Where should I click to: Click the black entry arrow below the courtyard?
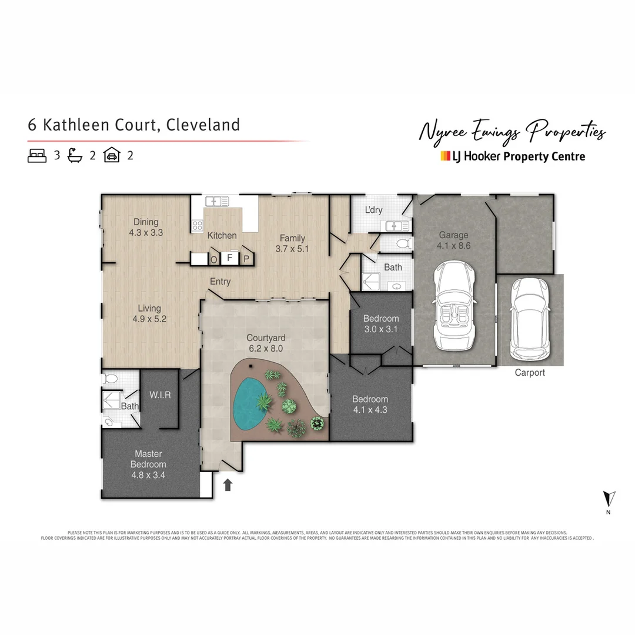[228, 484]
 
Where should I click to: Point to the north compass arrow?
[609, 500]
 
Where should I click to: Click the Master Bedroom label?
[148, 464]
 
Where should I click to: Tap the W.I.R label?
[160, 395]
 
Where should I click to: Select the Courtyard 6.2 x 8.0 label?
[266, 343]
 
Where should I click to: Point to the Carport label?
[530, 372]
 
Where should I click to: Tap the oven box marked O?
[214, 259]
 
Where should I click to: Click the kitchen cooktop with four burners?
[198, 225]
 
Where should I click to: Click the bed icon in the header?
[37, 156]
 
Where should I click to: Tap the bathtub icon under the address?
[75, 156]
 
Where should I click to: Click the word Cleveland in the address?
[203, 125]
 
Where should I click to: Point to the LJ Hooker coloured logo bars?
[445, 156]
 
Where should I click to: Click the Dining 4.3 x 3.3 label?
[146, 227]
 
